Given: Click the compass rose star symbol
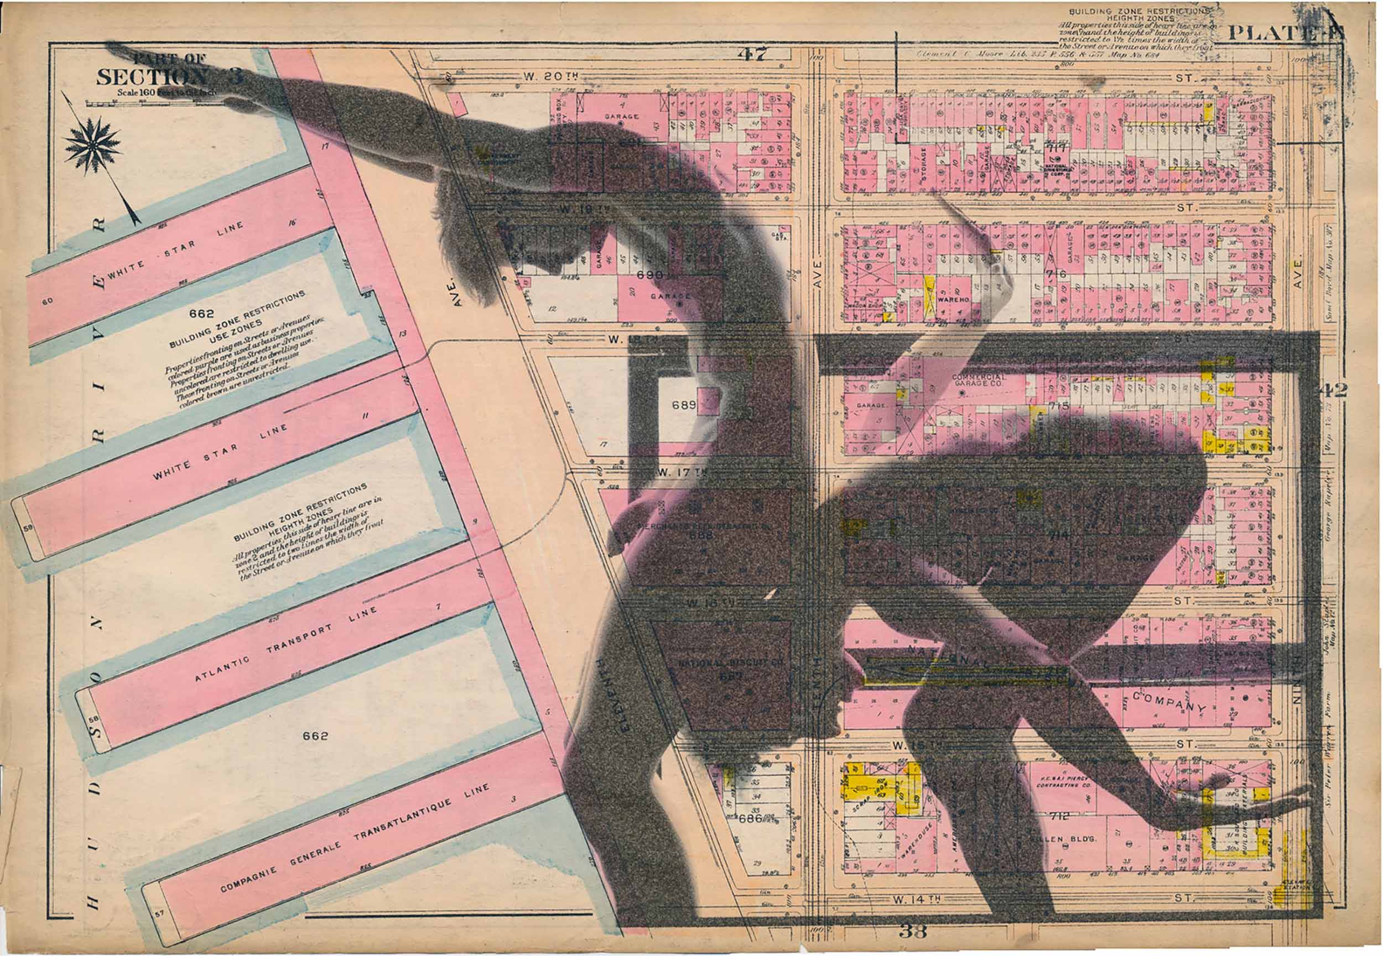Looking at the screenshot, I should [92, 143].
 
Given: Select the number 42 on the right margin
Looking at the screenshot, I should [1333, 390].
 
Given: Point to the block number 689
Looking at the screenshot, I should [684, 405].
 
